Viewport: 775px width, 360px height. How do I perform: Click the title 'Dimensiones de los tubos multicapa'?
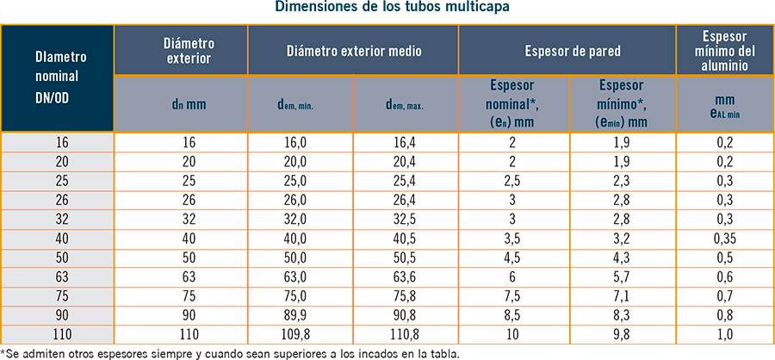[387, 9]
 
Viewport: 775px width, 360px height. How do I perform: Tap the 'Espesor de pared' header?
[567, 51]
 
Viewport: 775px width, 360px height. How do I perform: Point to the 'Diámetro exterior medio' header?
[353, 51]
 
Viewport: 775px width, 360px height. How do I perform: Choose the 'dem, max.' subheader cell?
[405, 105]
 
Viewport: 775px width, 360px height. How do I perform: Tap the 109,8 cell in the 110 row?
[301, 333]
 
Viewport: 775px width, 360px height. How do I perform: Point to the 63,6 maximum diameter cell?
[405, 276]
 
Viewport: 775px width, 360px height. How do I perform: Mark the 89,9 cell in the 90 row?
[301, 314]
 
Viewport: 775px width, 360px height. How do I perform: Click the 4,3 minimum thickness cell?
[623, 258]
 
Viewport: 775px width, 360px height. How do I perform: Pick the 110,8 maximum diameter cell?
[405, 333]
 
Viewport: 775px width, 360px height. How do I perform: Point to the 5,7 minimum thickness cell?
[623, 276]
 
